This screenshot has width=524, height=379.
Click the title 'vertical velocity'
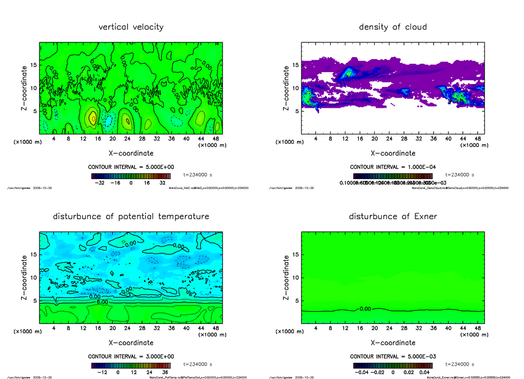click(131, 27)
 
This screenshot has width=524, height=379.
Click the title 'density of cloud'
click(393, 27)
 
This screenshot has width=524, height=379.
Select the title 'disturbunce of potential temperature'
click(131, 217)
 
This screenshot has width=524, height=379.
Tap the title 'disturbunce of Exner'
click(393, 217)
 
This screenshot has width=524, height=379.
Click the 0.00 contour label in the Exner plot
click(365, 309)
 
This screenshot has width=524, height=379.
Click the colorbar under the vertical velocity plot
click(131, 176)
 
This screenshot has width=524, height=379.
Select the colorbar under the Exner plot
click(393, 365)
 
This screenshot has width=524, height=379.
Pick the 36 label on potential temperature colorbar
click(165, 372)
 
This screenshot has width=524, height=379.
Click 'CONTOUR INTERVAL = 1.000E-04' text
click(393, 167)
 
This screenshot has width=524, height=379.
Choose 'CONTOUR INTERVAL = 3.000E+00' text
click(131, 356)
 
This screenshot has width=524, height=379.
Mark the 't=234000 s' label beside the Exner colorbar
click(459, 364)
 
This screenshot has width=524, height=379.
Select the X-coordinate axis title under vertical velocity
click(131, 153)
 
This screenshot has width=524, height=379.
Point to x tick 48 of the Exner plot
click(478, 328)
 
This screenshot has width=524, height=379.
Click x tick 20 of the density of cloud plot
click(375, 139)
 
